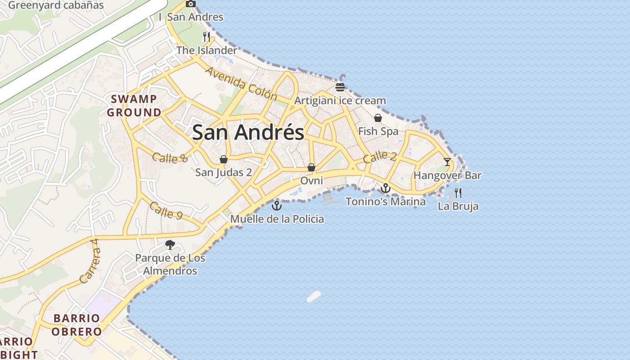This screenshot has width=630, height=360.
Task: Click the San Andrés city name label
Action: [x=248, y=133]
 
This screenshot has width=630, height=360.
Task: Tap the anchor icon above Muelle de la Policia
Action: [x=277, y=206]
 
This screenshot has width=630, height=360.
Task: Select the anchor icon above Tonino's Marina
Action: [x=386, y=188]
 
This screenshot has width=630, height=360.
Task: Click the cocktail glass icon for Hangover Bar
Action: [x=447, y=162]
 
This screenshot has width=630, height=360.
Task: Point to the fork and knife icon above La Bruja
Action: [x=458, y=193]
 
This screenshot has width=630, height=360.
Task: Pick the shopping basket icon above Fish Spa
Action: [x=378, y=118]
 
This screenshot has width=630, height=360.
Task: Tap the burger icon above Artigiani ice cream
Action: [x=340, y=87]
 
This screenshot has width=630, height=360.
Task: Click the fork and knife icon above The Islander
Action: [x=207, y=37]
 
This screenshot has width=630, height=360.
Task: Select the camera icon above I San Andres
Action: [x=191, y=4]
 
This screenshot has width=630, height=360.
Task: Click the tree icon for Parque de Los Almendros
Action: [x=170, y=245]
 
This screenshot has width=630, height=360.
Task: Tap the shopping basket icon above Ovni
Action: [x=311, y=167]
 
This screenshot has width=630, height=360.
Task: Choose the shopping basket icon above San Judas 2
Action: [x=223, y=159]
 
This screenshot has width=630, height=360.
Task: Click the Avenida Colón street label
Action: [x=241, y=84]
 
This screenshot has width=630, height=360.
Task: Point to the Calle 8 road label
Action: [x=170, y=157]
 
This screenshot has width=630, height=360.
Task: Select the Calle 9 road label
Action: [x=166, y=210]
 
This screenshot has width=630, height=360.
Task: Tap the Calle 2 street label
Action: [x=380, y=157]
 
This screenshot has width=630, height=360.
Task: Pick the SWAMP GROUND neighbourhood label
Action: [x=134, y=106]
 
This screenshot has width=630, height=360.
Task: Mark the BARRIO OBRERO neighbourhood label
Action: [x=76, y=325]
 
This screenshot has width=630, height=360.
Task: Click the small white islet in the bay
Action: [x=314, y=296]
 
